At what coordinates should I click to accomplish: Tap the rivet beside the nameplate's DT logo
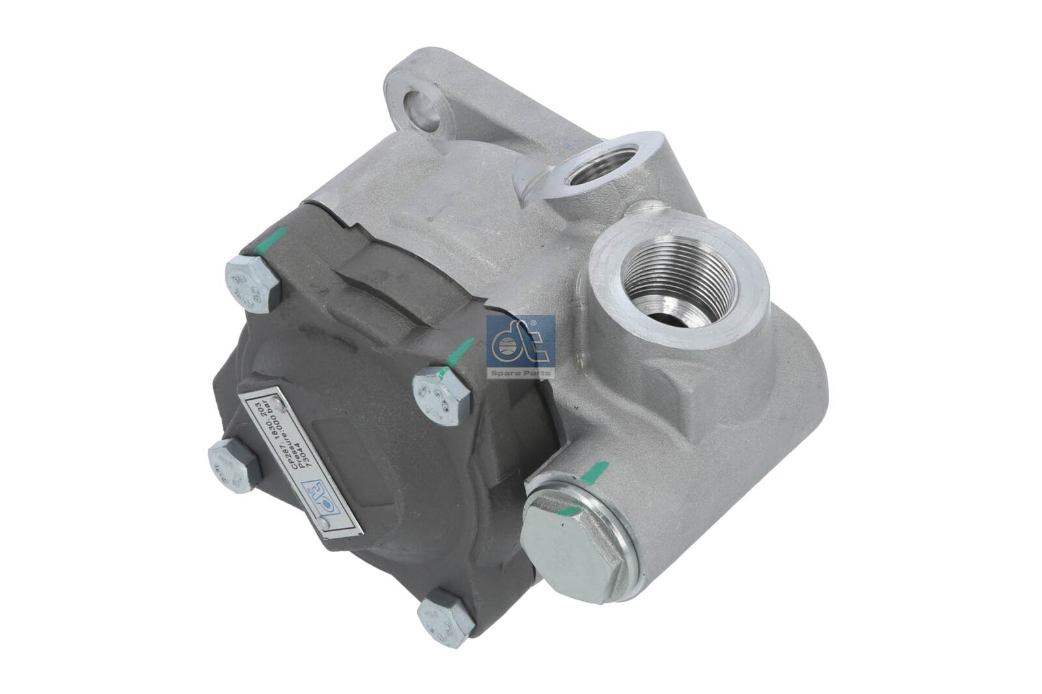click(x=324, y=541)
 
